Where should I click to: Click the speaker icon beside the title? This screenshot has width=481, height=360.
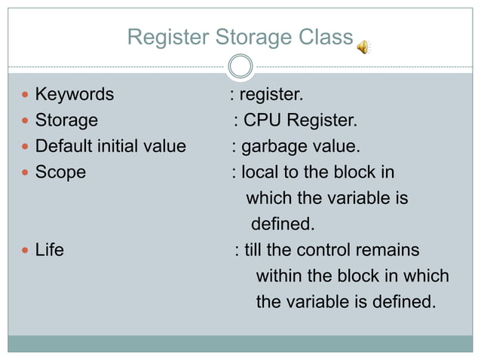(x=364, y=47)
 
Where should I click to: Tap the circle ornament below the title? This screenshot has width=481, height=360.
(x=240, y=67)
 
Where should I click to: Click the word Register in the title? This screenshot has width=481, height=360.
(x=168, y=37)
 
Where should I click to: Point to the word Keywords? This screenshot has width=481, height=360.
(x=75, y=95)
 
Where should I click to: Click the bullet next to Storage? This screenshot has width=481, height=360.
(x=26, y=121)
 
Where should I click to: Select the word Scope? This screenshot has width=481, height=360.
(x=60, y=172)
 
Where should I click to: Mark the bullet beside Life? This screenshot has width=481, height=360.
(x=26, y=250)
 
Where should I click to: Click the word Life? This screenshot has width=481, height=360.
(x=50, y=250)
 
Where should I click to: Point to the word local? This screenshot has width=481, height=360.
(x=259, y=172)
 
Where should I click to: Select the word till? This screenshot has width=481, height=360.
(x=253, y=250)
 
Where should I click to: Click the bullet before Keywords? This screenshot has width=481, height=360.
(x=26, y=95)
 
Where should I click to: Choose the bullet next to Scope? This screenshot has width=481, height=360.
(x=26, y=172)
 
